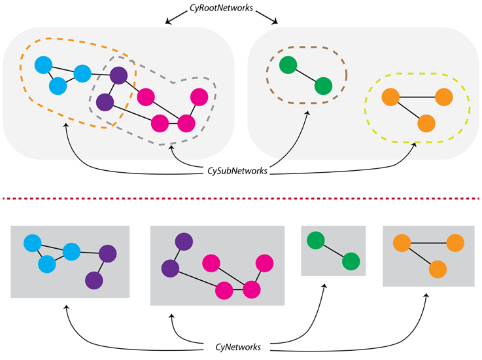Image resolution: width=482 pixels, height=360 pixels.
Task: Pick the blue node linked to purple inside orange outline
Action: pyautogui.click(x=82, y=73)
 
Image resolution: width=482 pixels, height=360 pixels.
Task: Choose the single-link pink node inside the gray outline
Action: pyautogui.click(x=199, y=97)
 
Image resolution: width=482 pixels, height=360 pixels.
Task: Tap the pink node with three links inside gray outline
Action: pyautogui.click(x=187, y=122)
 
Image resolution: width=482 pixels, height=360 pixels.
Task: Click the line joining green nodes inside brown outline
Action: pyautogui.click(x=305, y=76)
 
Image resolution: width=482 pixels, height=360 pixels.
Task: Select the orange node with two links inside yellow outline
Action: pyautogui.click(x=390, y=98)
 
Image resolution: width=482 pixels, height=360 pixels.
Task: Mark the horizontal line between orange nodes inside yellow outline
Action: pyautogui.click(x=417, y=98)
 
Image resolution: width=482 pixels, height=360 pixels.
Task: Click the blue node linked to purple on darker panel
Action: pyautogui.click(x=71, y=251)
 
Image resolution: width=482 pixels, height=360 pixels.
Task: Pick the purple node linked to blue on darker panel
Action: pyautogui.click(x=108, y=253)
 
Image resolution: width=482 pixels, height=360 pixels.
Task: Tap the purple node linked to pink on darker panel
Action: pyautogui.click(x=171, y=268)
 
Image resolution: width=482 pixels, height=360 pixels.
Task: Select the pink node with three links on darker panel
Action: pyautogui.click(x=252, y=289)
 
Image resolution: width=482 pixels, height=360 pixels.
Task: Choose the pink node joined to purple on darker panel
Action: pyautogui.click(x=224, y=289)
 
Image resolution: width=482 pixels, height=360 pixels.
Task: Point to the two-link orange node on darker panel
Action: pyautogui.click(x=402, y=243)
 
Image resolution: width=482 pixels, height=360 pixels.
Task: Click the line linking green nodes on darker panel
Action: pyautogui.click(x=333, y=251)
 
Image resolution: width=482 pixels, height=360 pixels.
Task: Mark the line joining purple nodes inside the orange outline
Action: pyautogui.click(x=111, y=88)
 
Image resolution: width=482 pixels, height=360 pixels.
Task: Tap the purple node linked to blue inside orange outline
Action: pyautogui.click(x=118, y=75)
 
